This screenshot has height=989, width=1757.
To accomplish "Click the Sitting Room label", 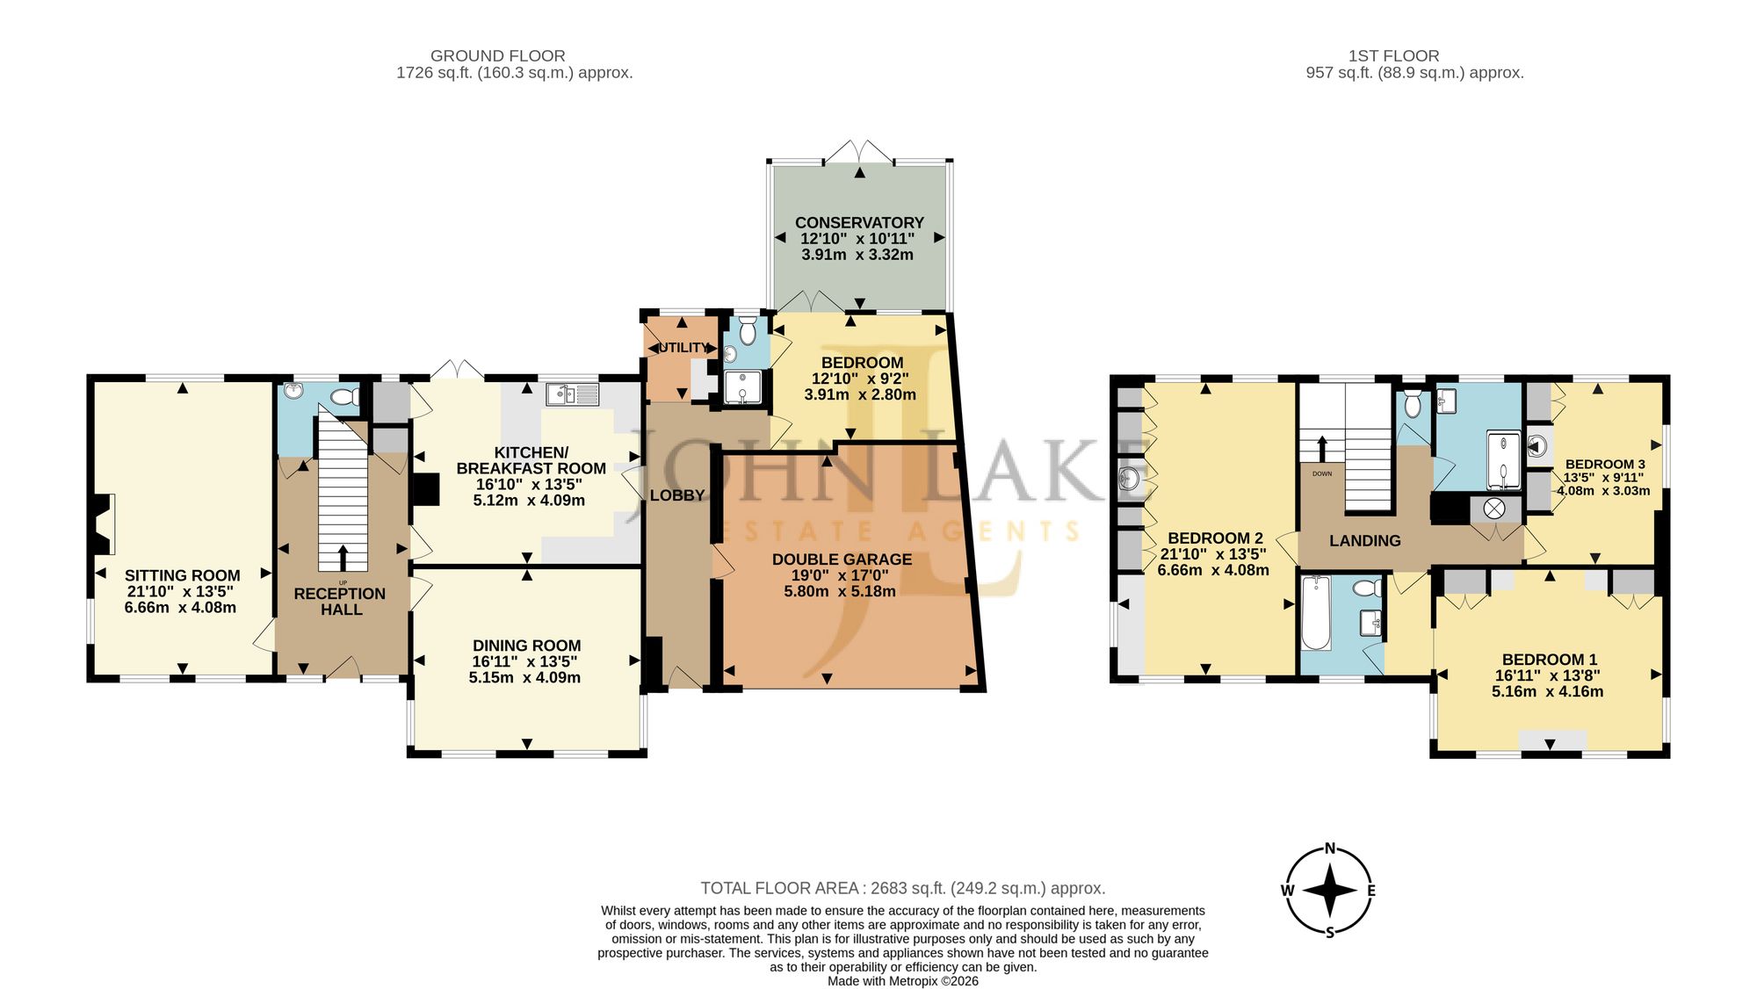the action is pyautogui.click(x=182, y=575).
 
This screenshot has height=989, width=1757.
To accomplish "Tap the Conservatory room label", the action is pyautogui.click(x=859, y=223).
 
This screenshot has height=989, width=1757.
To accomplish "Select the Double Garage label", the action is pyautogui.click(x=842, y=559).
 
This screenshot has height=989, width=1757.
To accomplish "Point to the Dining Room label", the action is pyautogui.click(x=526, y=646).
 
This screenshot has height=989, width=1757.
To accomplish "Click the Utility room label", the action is pyautogui.click(x=683, y=348).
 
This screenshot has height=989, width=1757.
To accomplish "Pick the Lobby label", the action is pyautogui.click(x=677, y=495).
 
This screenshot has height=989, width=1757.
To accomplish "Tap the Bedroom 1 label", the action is pyautogui.click(x=1550, y=660).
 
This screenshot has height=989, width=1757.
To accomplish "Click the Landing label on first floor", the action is pyautogui.click(x=1365, y=541).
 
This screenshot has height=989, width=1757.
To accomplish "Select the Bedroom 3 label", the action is pyautogui.click(x=1605, y=465).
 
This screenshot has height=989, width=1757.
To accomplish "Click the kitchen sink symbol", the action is pyautogui.click(x=572, y=394).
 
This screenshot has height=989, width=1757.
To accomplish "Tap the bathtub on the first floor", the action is pyautogui.click(x=1315, y=612).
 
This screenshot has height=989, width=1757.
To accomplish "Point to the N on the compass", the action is pyautogui.click(x=1330, y=848).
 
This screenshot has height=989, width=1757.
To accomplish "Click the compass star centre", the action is pyautogui.click(x=1330, y=891).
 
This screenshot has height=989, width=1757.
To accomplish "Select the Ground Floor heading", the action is pyautogui.click(x=497, y=56).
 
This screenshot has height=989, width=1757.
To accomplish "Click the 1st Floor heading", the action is pyautogui.click(x=1393, y=56).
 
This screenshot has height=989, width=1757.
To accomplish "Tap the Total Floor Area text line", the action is pyautogui.click(x=902, y=889).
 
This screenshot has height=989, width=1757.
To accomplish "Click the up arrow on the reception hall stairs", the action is pyautogui.click(x=342, y=558).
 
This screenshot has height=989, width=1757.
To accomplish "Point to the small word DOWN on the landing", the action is pyautogui.click(x=1322, y=473).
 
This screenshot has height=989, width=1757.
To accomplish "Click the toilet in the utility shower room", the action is pyautogui.click(x=748, y=331).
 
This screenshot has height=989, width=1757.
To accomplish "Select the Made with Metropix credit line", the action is pyautogui.click(x=902, y=981).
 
